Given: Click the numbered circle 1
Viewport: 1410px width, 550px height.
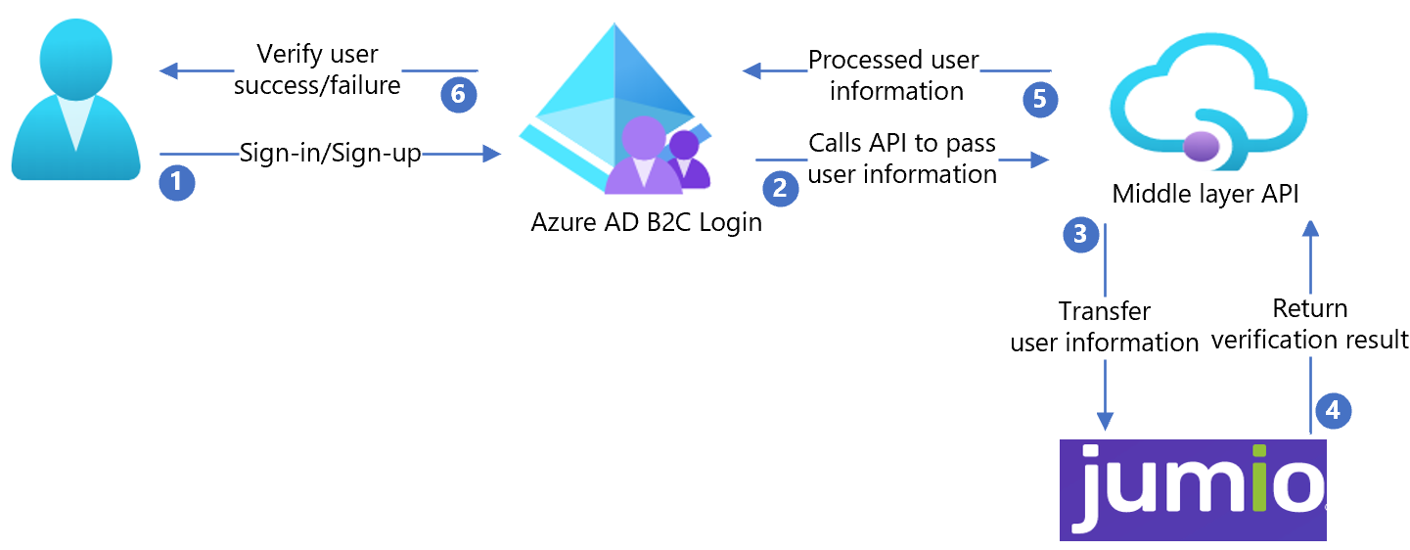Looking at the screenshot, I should click(177, 183).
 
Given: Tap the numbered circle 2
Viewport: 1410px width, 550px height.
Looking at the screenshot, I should click(780, 186).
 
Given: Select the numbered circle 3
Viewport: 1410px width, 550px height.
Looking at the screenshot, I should click(1080, 234).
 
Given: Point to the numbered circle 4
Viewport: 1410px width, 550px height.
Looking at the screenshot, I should click(1333, 410).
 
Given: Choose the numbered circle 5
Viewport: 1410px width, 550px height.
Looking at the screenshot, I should click(1040, 99).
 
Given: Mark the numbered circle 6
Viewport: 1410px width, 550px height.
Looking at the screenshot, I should click(458, 95).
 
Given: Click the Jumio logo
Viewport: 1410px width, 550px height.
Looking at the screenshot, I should click(1193, 489).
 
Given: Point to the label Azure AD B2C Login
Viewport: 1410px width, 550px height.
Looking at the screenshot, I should click(646, 222).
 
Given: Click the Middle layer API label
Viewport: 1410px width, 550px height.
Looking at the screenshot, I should click(1205, 195).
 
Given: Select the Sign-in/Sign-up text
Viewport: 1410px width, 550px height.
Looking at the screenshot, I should click(331, 153).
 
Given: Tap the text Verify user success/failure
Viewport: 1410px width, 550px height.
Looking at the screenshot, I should click(317, 69).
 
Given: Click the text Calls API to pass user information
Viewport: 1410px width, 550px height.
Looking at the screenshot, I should click(902, 159).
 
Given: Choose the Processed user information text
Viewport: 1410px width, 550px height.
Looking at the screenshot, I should click(894, 75).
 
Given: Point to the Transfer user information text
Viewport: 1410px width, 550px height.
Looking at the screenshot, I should click(1105, 327).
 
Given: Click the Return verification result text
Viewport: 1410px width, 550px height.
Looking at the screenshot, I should click(1309, 324).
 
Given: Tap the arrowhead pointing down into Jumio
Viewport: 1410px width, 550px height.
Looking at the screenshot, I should click(1105, 421).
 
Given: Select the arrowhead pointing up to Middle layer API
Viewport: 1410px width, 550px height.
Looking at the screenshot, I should click(1310, 229).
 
